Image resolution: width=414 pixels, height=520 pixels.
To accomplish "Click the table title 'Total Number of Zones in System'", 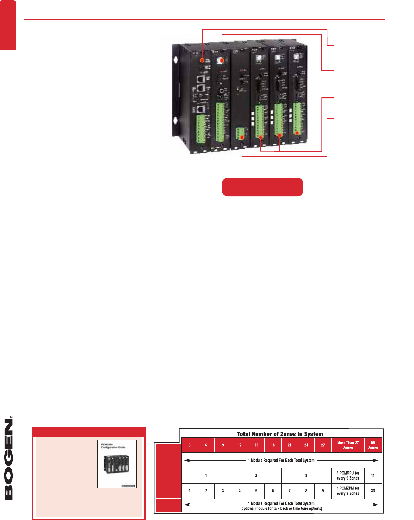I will click(x=280, y=434).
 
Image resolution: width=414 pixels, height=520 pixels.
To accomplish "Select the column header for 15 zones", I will click(x=256, y=445).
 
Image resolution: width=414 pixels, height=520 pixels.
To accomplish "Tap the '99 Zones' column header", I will click(x=373, y=445).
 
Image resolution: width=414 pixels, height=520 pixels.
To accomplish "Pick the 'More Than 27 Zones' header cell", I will click(x=348, y=445).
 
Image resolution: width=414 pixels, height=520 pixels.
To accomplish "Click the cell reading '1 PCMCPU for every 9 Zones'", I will click(x=348, y=476).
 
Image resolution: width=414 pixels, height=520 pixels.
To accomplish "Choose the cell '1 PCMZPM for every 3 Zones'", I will click(x=348, y=491).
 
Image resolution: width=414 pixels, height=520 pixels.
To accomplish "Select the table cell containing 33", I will click(x=373, y=491).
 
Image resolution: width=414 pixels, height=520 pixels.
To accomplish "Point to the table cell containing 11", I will click(x=373, y=476).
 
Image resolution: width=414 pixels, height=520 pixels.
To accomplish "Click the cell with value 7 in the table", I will click(x=290, y=491).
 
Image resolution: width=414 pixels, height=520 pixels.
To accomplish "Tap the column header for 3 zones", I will click(x=190, y=445).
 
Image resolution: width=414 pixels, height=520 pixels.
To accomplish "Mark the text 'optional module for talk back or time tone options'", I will click(x=281, y=508).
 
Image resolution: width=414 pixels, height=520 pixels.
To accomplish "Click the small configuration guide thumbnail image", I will click(x=117, y=464).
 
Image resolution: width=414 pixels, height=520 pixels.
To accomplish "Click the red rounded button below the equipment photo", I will click(x=262, y=187).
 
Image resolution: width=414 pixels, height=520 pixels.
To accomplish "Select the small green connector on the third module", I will click(x=240, y=134).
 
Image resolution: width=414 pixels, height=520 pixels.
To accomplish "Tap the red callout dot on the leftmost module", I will click(x=202, y=61).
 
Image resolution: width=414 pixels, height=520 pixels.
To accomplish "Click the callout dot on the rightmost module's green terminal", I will click(x=297, y=133).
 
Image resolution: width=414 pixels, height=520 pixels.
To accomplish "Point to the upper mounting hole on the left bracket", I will click(x=175, y=58).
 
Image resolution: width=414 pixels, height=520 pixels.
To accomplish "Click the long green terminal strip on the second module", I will click(x=220, y=122).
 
